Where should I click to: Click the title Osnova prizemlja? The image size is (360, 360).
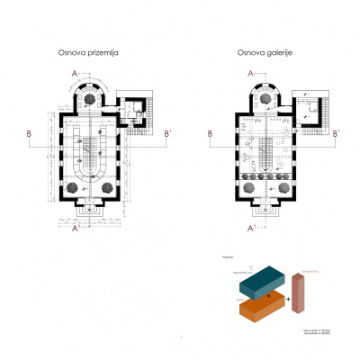(x=88, y=54)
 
